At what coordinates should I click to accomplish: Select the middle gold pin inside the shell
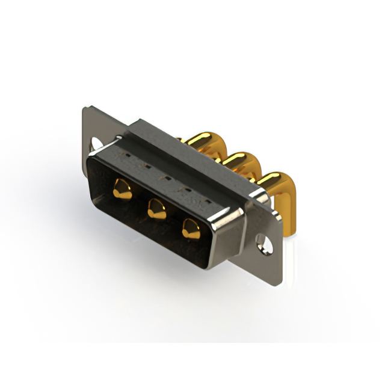157,210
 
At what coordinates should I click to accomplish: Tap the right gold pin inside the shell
191,229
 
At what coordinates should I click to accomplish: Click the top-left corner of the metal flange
84,109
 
